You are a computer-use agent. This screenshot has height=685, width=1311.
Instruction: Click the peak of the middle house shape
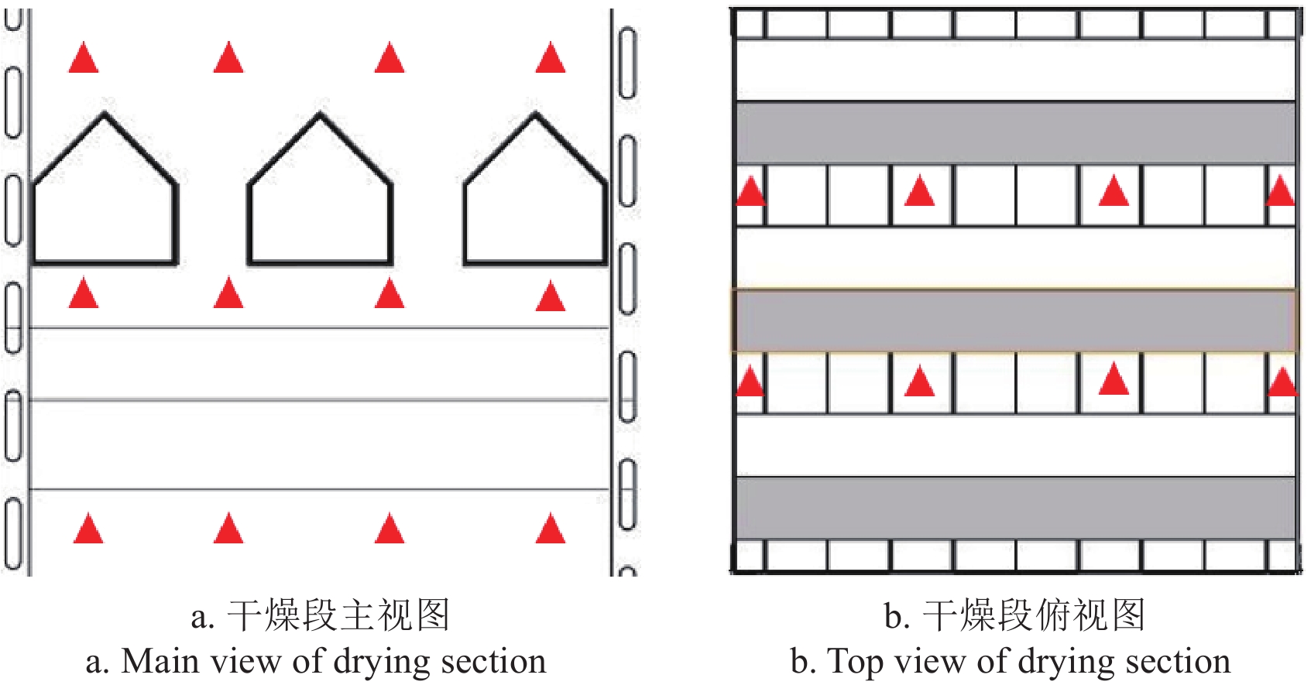(320, 115)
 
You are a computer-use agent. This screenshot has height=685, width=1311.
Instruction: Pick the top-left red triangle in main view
(84, 59)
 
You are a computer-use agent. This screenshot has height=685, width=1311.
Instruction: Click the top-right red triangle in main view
(551, 59)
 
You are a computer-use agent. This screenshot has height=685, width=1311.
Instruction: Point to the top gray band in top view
(1015, 132)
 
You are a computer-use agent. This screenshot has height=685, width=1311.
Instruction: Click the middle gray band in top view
(1015, 320)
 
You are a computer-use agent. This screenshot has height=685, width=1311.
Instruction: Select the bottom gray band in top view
(1015, 508)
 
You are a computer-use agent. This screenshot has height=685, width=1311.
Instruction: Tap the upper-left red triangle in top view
(749, 192)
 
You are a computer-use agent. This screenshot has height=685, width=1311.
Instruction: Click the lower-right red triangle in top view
(1282, 382)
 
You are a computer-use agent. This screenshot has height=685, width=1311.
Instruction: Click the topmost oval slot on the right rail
(627, 63)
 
